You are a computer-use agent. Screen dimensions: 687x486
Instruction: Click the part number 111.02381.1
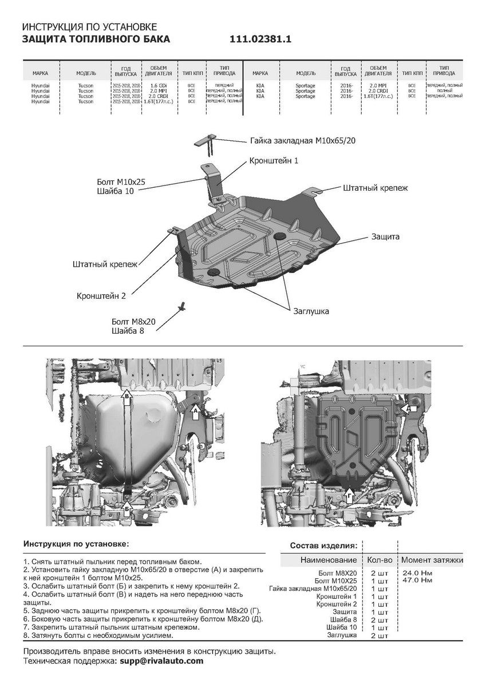pos(261,40)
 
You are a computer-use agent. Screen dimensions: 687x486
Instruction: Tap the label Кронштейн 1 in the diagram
pos(274,161)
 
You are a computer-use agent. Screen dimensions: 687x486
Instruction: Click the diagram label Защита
pos(385,236)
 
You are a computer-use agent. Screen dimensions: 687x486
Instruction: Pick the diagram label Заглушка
pos(311,311)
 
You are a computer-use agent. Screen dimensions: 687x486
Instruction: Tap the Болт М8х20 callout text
pos(134,322)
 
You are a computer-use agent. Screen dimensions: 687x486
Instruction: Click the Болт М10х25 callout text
pos(121,181)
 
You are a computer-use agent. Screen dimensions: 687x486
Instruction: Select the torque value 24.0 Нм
pos(417,572)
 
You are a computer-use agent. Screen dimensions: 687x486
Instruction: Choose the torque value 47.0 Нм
pos(417,580)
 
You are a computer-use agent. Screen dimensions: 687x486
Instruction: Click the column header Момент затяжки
pos(432,559)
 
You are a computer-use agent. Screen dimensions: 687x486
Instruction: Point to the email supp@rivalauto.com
pos(161,661)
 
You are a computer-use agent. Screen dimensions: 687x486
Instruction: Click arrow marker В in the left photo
pos(127,396)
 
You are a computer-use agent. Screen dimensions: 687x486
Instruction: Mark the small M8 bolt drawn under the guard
pos(183,305)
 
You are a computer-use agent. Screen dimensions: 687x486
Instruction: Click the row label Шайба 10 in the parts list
pos(343,627)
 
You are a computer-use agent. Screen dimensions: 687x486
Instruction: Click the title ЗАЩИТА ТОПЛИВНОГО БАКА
pos(96,40)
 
